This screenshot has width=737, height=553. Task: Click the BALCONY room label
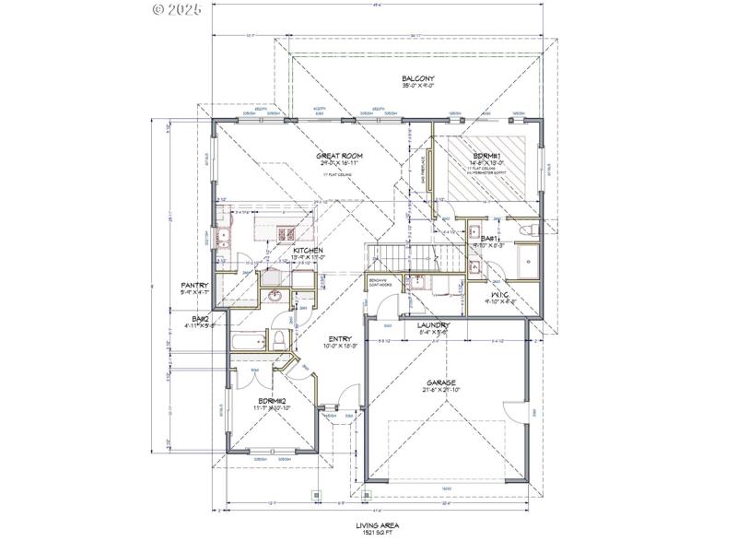417,78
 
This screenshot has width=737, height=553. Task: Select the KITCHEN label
307,250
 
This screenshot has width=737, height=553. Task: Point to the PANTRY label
195,286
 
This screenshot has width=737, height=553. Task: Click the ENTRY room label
338,339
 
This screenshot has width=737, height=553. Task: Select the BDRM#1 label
487,156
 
